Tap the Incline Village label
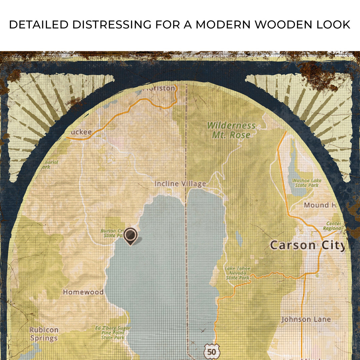pos(180,184)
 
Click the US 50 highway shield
pos(211,351)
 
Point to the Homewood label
pos(83,292)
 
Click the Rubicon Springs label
pos(44,334)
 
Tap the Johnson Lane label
pos(306,319)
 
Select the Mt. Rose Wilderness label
pos(231,130)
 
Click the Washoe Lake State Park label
pos(306,182)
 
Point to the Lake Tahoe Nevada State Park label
pos(237,273)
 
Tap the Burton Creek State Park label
pos(112,233)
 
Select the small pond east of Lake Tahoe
pos(239,238)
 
